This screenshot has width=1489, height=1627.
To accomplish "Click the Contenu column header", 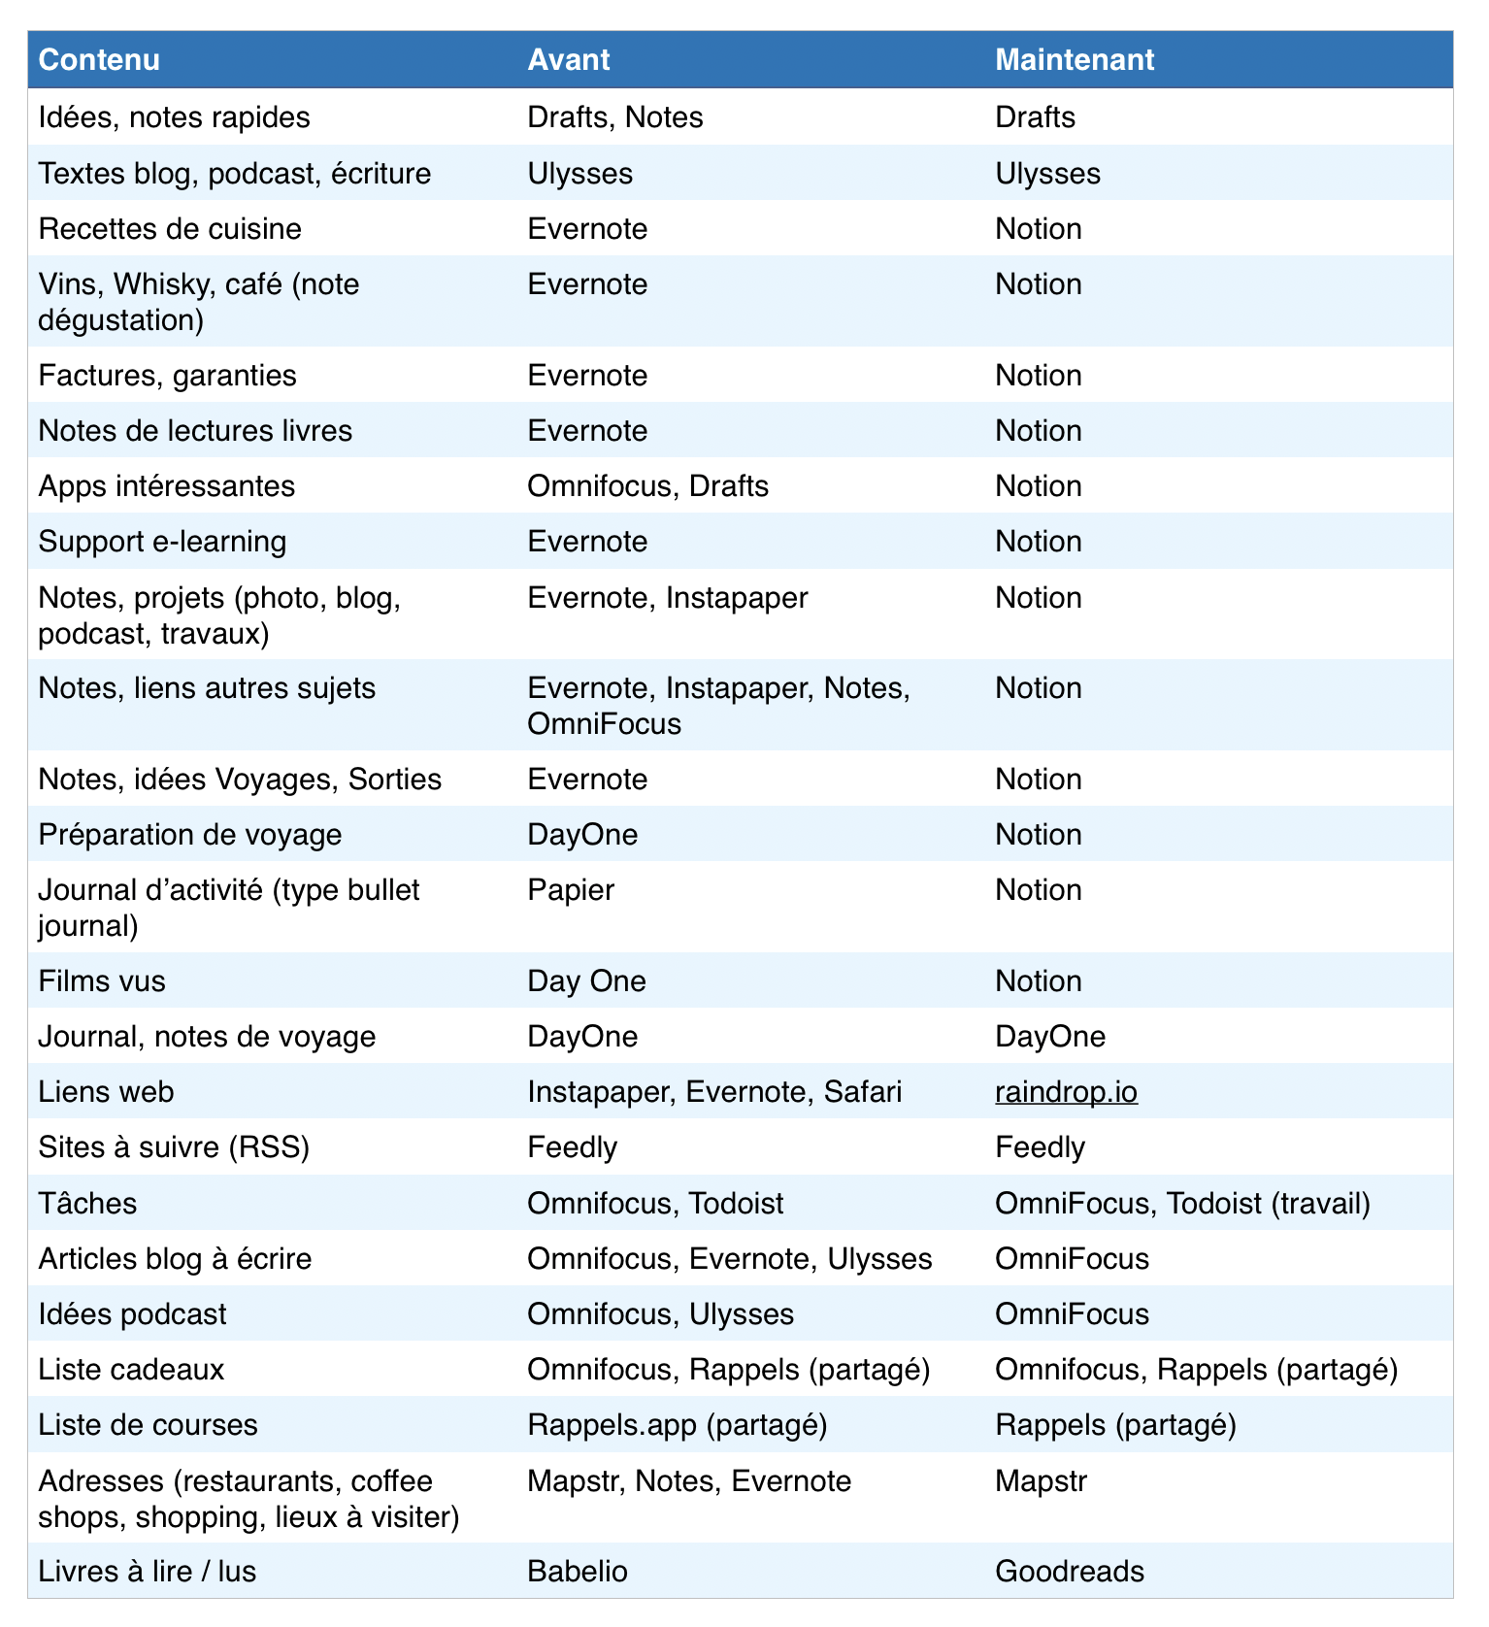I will tap(99, 60).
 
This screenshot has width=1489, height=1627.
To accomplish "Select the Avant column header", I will tap(568, 60).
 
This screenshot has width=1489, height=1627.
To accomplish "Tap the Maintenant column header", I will tap(1075, 60).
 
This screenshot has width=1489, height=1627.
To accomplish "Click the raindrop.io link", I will tap(1066, 1092).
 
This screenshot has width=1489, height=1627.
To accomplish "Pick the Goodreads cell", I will tap(1070, 1571).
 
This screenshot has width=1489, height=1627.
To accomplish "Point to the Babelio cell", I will tap(578, 1571).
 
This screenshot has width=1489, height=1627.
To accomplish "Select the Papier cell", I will tap(571, 890).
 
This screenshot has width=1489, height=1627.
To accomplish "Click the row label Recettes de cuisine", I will tap(170, 229).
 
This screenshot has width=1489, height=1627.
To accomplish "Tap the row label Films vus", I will tap(102, 981).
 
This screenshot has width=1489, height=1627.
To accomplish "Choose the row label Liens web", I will tap(106, 1092).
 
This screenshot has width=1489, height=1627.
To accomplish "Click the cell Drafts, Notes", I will tap(614, 117).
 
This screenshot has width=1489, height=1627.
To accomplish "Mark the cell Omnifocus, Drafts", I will tap(647, 486).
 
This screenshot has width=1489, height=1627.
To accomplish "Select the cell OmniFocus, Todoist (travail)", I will tap(1182, 1204).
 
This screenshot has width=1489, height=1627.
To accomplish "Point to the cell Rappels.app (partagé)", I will tap(677, 1425).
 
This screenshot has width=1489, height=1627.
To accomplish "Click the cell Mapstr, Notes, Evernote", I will tap(688, 1481).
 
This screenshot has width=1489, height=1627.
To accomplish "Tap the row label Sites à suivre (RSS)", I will tap(174, 1147).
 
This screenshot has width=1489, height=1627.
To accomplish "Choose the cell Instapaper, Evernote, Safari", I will tap(713, 1092).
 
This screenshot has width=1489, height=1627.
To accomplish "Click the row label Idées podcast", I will tap(132, 1314).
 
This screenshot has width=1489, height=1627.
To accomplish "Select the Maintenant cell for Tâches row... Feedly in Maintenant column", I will tap(1040, 1147).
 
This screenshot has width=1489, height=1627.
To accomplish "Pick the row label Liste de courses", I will tap(148, 1425).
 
